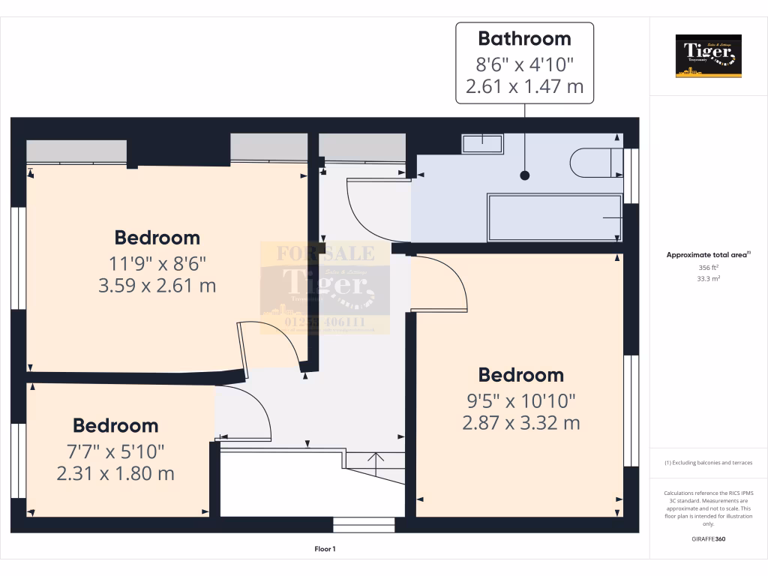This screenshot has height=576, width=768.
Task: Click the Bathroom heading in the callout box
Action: (x=524, y=38)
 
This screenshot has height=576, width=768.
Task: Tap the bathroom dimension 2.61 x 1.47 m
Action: (x=524, y=86)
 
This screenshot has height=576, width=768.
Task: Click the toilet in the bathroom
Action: (x=592, y=163)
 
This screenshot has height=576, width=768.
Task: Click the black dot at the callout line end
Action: (x=525, y=175)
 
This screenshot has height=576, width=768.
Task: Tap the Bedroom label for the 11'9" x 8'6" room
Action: (x=157, y=238)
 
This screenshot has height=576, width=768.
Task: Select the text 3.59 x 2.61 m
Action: (x=157, y=285)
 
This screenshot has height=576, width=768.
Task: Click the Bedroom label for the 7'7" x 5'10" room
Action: (x=115, y=425)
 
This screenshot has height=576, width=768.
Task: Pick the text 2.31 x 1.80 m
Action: (x=115, y=473)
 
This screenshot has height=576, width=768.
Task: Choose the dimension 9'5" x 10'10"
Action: (x=521, y=399)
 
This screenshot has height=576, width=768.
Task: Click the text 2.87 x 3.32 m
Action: (x=521, y=423)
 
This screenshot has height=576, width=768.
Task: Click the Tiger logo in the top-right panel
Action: (x=708, y=55)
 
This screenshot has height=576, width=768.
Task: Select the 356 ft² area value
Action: (x=708, y=267)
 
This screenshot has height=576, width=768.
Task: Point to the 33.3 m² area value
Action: (x=708, y=277)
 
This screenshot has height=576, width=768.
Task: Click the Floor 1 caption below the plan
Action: (x=325, y=550)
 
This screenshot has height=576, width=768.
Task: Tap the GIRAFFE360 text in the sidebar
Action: (x=708, y=539)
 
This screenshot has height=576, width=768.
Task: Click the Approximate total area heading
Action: (x=708, y=255)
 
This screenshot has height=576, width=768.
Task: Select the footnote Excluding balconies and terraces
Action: (x=708, y=463)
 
